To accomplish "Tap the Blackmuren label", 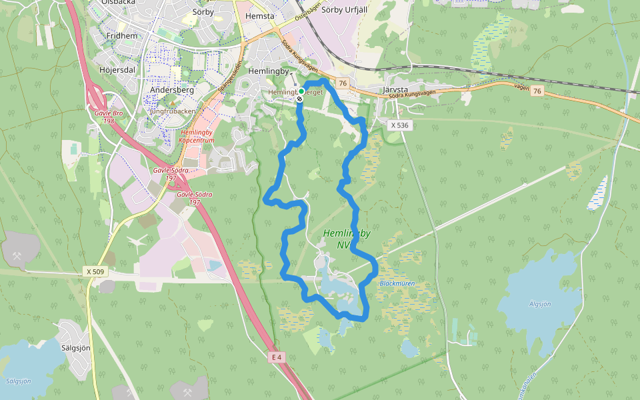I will coord(397,283).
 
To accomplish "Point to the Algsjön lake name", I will coord(539,304).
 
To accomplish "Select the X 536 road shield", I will coord(399,125).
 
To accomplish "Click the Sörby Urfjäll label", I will coord(345,10).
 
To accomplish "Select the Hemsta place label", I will coord(260,16).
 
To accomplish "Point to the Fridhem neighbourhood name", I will coord(121,37).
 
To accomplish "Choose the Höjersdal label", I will coord(117,70).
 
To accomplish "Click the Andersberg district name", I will coord(172,89).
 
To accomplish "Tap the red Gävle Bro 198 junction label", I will coord(109,118).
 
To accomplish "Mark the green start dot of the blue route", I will coord(301,91).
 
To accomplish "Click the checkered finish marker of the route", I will coord(300,99).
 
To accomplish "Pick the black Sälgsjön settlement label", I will coord(75,348).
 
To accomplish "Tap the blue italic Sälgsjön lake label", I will coord(18,381).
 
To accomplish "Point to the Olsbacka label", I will coord(119,3).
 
